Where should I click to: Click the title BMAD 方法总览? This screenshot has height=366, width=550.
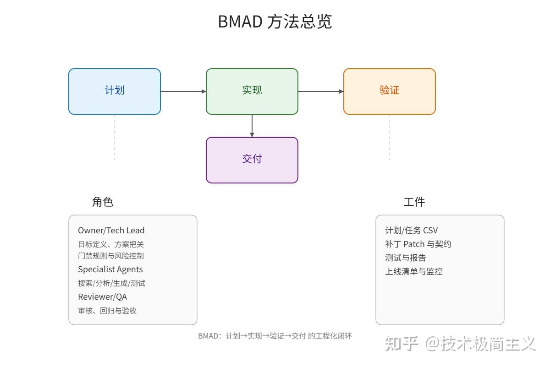pos(275,22)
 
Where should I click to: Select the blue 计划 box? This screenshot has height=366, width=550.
pos(115,91)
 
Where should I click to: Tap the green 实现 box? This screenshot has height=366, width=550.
pos(252,91)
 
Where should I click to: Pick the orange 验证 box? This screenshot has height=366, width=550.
pos(390,91)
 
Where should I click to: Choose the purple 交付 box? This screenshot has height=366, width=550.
pos(252,160)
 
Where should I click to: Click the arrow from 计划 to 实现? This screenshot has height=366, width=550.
pos(183,91)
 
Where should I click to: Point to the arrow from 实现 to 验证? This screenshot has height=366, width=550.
pos(321,91)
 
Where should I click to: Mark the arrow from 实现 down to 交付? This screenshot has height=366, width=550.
pos(252,126)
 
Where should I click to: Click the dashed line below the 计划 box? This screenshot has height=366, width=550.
pos(115,137)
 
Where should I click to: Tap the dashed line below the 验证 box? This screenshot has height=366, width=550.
pos(390,137)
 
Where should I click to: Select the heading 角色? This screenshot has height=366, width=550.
pos(103,202)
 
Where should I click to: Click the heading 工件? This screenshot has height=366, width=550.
pos(414,202)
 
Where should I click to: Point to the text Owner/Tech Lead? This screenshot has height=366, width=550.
pos(111,231)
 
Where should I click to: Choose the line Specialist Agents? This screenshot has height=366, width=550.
pos(110,269)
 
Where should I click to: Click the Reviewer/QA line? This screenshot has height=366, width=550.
pos(102,297)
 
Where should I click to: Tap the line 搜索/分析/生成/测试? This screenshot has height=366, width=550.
pos(111,283)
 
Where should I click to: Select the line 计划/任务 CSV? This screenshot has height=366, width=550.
pos(411,231)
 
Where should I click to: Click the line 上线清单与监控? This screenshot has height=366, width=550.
pos(414,272)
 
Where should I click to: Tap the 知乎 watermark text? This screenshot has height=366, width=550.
pos(401,344)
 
